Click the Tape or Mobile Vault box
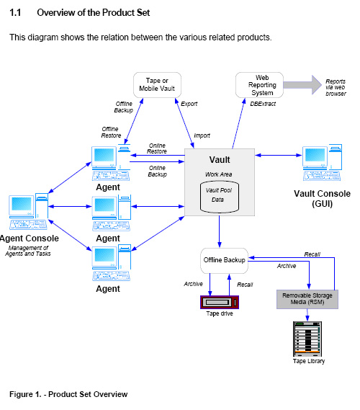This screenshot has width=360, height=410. coord(157,85)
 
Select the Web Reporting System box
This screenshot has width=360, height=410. coord(259,85)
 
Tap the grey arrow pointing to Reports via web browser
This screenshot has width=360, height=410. coord(302,85)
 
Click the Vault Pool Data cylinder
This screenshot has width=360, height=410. coord(220,197)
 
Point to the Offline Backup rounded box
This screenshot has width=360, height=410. coord(224,261)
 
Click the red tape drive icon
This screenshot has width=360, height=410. coord(220,302)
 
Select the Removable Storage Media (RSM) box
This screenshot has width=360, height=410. coord(307,299)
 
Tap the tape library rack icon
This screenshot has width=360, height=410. coord(307,339)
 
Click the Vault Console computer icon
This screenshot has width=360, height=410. coord(322,162)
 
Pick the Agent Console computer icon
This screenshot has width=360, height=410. coord(29,212)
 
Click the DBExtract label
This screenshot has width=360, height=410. coord(263,104)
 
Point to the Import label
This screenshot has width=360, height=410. coord(202,135)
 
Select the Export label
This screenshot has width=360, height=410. coord(189,104)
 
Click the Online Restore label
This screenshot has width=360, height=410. coord(157,148)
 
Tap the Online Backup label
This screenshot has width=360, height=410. coord(157,171)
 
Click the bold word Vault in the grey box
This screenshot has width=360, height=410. coord(220,160)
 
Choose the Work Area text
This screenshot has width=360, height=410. coord(218,174)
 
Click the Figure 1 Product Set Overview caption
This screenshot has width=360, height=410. coord(68,394)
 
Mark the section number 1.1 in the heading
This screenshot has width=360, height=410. coord(15,12)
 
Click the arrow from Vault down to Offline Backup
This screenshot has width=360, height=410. coord(220,232)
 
